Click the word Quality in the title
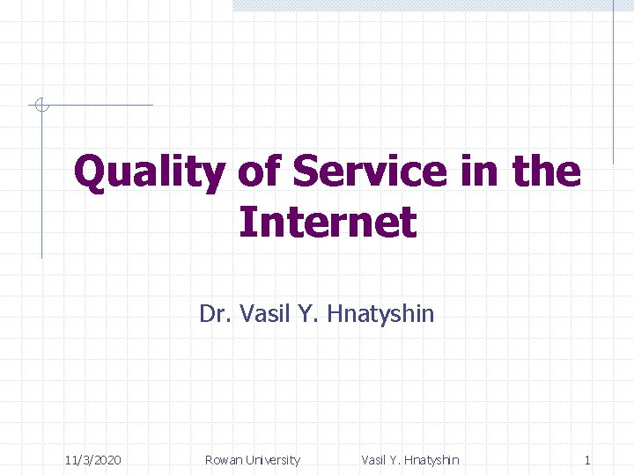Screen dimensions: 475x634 click(x=149, y=172)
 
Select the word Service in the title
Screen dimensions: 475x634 click(x=370, y=172)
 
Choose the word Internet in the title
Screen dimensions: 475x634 click(x=327, y=222)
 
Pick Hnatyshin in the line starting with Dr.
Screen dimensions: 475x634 click(x=380, y=314)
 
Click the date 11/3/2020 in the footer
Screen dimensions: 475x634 click(x=93, y=460)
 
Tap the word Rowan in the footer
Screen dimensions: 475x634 click(x=224, y=460)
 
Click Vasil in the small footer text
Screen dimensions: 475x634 click(x=376, y=460)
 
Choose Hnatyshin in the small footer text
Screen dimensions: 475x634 click(x=431, y=460)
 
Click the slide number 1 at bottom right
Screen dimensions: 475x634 click(x=587, y=460)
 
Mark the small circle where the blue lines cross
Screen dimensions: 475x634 click(x=41, y=106)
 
